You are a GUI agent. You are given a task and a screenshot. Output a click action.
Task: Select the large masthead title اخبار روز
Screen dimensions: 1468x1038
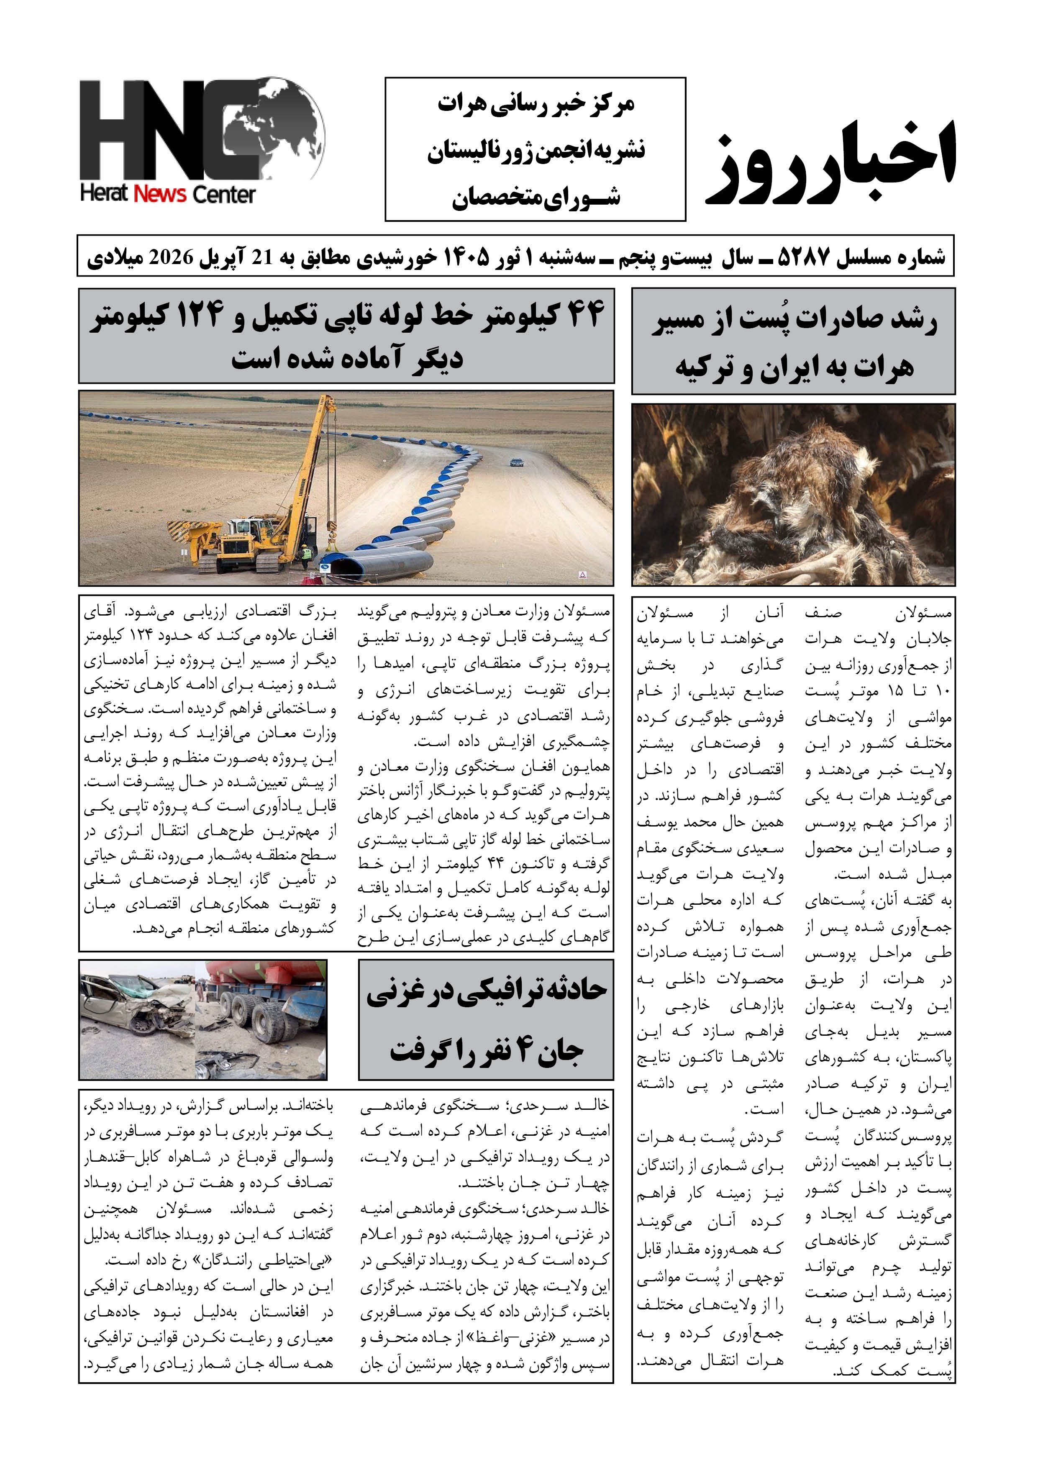(831, 163)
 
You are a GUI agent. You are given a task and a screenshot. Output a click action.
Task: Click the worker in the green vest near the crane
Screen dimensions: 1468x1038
(306, 554)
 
